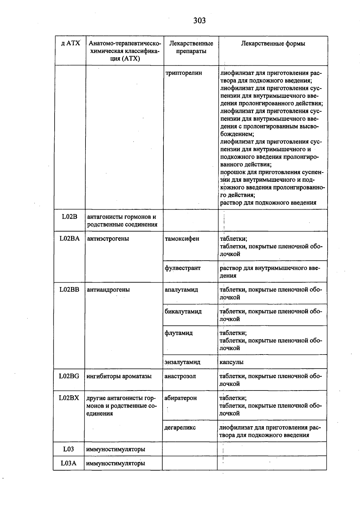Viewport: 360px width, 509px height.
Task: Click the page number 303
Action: tap(199, 21)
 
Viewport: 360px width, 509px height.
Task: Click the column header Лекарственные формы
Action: tap(273, 44)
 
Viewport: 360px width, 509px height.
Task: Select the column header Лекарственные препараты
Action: tap(191, 47)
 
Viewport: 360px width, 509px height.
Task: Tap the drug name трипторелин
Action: tap(184, 73)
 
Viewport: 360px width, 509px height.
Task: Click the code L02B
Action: tap(70, 217)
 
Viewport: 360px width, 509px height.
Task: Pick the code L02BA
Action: tap(70, 239)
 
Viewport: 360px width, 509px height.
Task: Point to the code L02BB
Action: tap(69, 290)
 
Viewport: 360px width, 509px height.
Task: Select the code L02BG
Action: tap(69, 376)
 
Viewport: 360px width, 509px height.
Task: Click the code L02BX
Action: tap(69, 398)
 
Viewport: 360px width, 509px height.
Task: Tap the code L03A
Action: tap(68, 463)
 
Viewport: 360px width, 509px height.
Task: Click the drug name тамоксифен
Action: tap(182, 239)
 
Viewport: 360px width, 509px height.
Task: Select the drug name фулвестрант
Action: tap(182, 268)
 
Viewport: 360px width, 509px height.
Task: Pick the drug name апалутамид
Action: tap(181, 290)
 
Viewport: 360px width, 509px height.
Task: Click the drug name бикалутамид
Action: tap(183, 311)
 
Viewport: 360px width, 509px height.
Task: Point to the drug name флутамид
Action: tap(178, 333)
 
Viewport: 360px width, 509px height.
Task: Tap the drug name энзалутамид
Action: tap(182, 362)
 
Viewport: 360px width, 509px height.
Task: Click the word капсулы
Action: tap(231, 362)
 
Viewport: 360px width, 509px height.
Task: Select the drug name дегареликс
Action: tap(180, 427)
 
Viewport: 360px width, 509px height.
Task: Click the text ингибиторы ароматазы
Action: tap(119, 376)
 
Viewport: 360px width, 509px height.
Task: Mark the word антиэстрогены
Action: tap(108, 239)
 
